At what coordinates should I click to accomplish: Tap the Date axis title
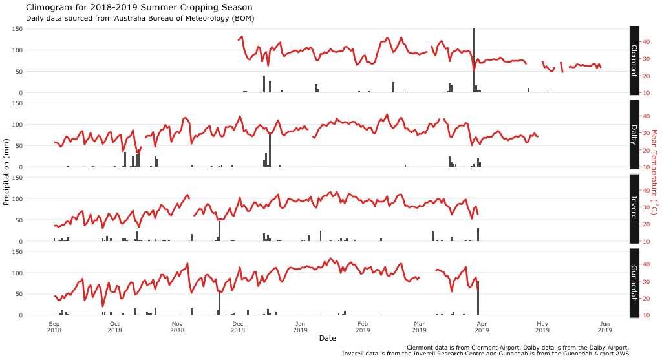pos(327,338)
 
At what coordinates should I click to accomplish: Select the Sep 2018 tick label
pos(54,326)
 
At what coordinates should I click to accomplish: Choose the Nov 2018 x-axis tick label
pos(177,326)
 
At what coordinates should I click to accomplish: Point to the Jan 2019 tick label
pos(300,326)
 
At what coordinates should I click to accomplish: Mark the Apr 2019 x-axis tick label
pos(482,326)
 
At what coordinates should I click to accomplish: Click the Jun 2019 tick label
pos(605,326)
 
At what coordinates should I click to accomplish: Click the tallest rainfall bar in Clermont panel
pos(474,61)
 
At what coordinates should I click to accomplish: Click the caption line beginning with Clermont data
pos(517,348)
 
